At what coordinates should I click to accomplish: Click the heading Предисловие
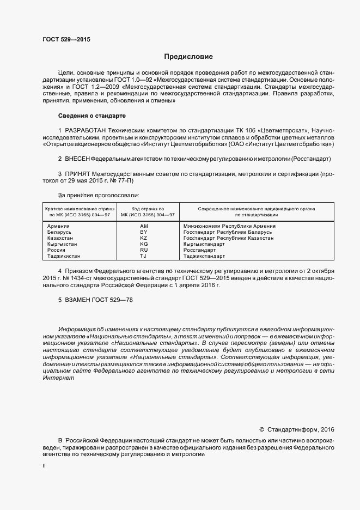(x=188, y=57)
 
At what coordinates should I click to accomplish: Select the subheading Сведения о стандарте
(x=91, y=116)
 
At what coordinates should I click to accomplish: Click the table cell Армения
(x=58, y=226)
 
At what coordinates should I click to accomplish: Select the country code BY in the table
(x=144, y=232)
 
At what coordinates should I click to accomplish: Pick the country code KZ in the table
(x=144, y=238)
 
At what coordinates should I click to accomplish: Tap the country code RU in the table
(x=144, y=250)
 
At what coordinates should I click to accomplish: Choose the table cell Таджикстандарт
(x=204, y=256)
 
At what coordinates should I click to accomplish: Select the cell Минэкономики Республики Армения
(x=229, y=226)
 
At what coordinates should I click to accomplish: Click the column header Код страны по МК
(x=144, y=211)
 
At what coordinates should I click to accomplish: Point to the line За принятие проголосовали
(x=98, y=195)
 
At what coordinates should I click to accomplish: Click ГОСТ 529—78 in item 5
(x=113, y=300)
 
